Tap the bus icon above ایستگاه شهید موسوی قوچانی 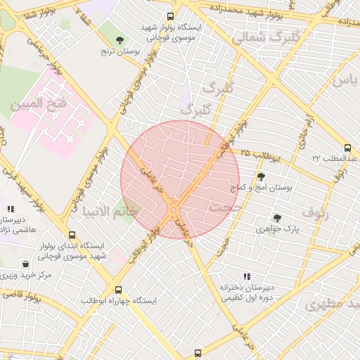pyautogui.click(x=170, y=16)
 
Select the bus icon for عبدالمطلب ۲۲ pyautogui.click(x=347, y=148)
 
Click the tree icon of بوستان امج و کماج pyautogui.click(x=261, y=176)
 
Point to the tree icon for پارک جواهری pyautogui.click(x=277, y=218)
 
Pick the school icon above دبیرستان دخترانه pyautogui.click(x=245, y=276)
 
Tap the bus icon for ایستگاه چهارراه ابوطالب pyautogui.click(x=117, y=289)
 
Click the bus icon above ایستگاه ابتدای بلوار pyautogui.click(x=72, y=236)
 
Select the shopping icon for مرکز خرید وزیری pyautogui.click(x=26, y=264)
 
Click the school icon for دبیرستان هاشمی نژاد pyautogui.click(x=10, y=209)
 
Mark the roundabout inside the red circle pyautogui.click(x=174, y=207)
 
